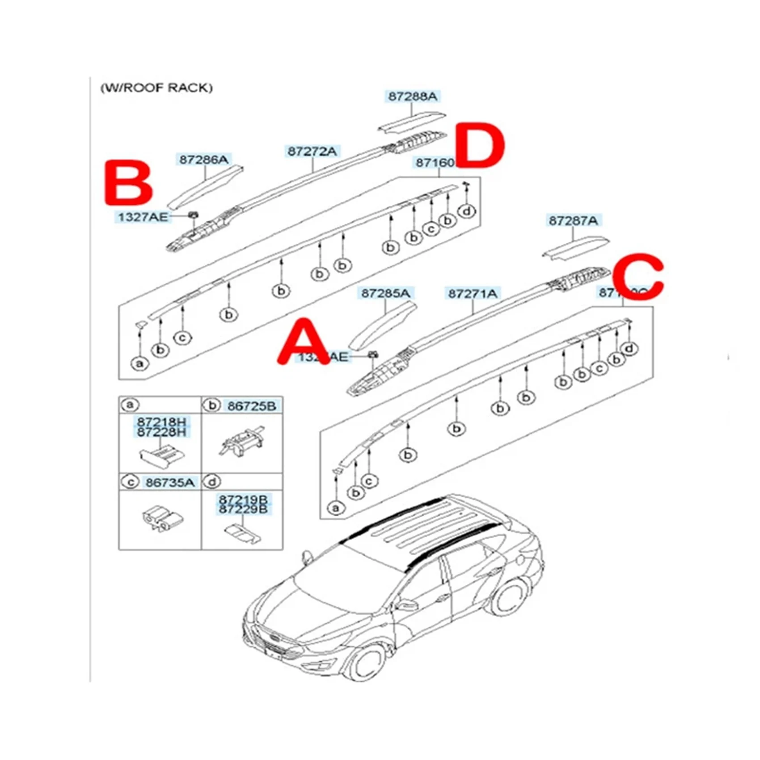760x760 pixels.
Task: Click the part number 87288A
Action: (412, 96)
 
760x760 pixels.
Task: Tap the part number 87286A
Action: (204, 159)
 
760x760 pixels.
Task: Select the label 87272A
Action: (312, 151)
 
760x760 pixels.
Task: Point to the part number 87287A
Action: (573, 220)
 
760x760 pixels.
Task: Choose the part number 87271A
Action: (473, 293)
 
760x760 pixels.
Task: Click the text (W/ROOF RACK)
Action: (156, 88)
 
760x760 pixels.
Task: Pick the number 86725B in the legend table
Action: (252, 406)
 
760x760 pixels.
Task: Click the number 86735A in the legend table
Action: (170, 482)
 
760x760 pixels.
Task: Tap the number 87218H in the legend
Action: (161, 422)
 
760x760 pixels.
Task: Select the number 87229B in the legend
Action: (243, 509)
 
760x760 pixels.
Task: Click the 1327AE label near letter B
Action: (143, 217)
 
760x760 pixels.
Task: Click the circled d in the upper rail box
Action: (467, 211)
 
